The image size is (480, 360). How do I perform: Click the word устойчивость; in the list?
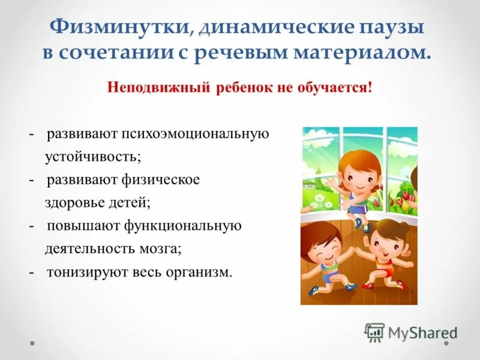point(92,157)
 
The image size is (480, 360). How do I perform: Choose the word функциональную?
point(183,226)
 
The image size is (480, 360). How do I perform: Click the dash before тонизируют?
point(31,272)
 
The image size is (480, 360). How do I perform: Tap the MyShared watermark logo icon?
point(375,332)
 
